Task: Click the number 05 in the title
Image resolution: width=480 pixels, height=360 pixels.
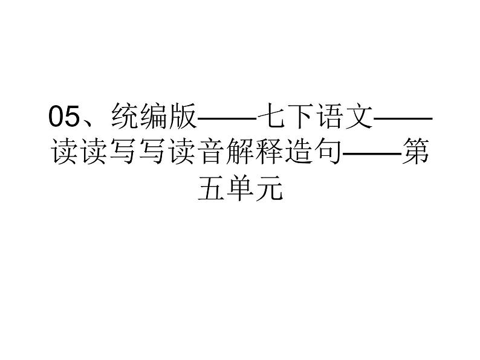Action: [63, 115]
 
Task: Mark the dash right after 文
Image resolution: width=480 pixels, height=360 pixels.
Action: [402, 117]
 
